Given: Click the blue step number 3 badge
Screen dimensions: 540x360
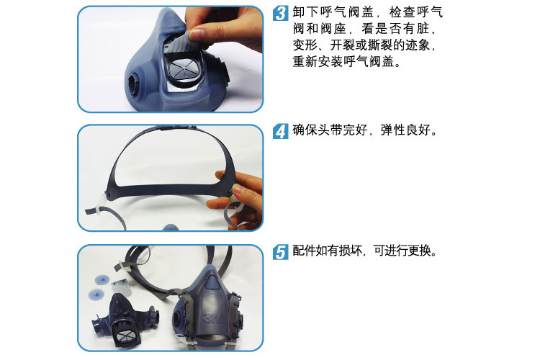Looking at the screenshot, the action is (281, 13).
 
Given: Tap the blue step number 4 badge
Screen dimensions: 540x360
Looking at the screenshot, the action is (281, 131).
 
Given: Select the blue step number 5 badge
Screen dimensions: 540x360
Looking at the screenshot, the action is (281, 252).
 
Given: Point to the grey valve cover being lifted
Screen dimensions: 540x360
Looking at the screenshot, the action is (178, 41).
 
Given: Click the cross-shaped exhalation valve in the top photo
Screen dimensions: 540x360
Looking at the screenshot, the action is (184, 69).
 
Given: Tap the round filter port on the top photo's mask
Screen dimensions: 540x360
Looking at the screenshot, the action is (134, 84).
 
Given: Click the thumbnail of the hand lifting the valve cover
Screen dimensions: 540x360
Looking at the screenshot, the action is (171, 59).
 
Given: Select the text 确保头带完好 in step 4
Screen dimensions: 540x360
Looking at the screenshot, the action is (330, 130).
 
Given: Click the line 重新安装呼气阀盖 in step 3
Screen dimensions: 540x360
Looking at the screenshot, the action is (343, 62).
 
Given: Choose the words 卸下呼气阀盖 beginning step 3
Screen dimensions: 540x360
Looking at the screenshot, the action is (333, 12).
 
